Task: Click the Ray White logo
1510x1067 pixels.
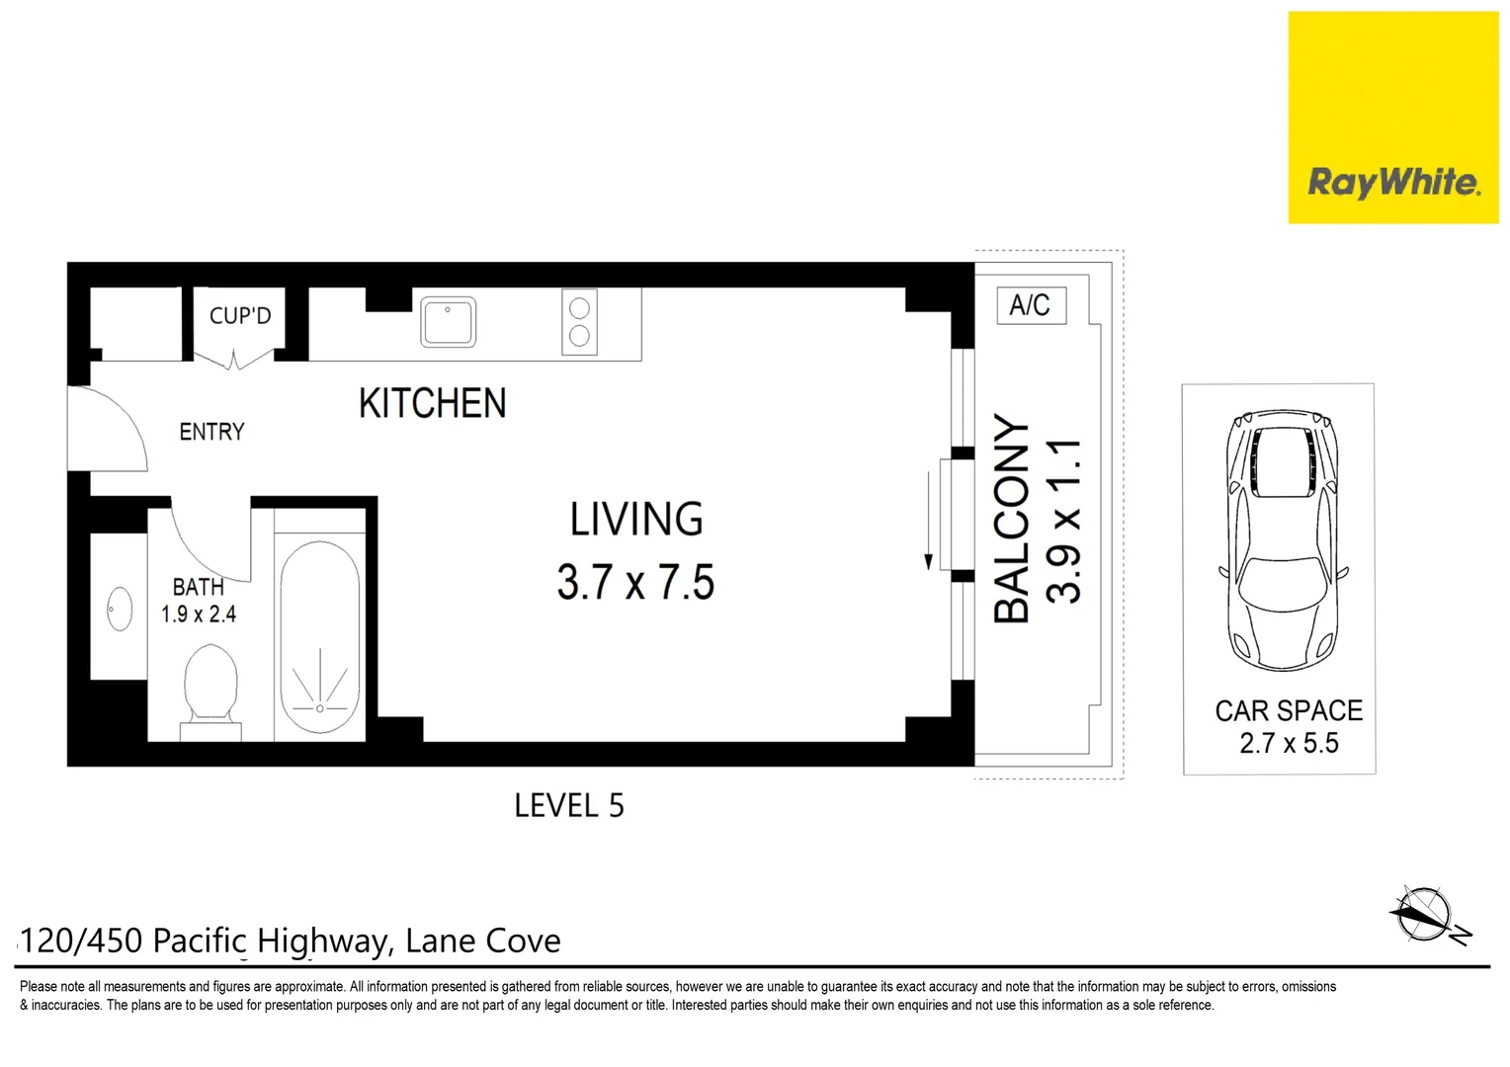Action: [1392, 183]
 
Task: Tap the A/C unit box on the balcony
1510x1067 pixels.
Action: [1030, 305]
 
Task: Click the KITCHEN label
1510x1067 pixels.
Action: [432, 403]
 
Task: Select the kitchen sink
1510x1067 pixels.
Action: [448, 322]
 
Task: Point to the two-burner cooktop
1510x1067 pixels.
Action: [580, 321]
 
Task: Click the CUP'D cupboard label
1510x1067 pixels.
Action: [239, 316]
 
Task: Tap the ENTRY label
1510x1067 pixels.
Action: [211, 432]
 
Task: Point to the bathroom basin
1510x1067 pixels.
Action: [120, 608]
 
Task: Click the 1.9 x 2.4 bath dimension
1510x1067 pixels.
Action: [199, 615]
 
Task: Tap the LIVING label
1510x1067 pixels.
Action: [636, 520]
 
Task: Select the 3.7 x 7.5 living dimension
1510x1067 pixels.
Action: [635, 582]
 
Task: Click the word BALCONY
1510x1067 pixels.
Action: [1011, 519]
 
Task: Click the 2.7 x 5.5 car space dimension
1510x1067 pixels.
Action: [1289, 743]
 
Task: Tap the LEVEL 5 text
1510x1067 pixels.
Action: [569, 805]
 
